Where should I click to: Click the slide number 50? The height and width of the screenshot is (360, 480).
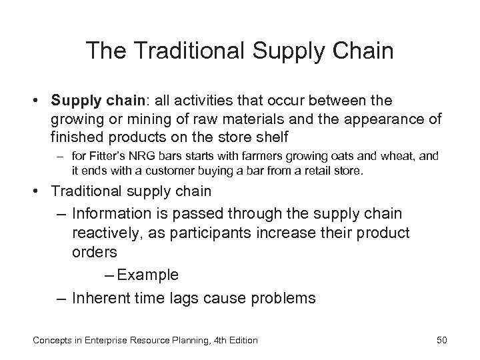coord(441,341)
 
